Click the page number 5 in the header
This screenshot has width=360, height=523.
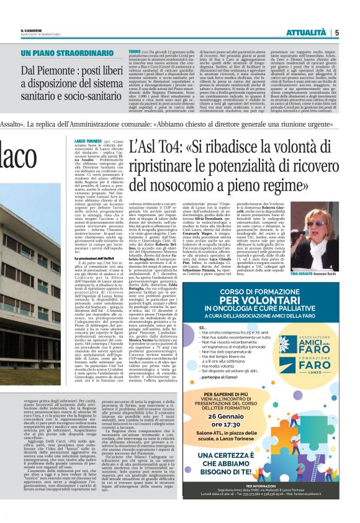pos(336,32)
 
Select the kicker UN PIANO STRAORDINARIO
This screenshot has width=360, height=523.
pos(69,53)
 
